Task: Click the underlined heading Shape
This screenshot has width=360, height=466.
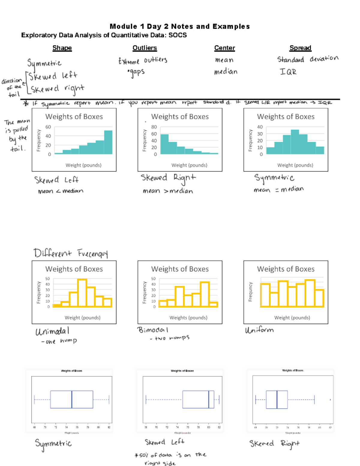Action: pos(62,48)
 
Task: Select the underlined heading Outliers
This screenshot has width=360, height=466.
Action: pos(145,48)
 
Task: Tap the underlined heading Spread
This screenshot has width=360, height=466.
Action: pos(300,48)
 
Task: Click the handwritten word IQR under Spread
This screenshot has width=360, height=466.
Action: pos(288,72)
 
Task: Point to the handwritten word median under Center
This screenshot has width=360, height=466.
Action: pos(226,72)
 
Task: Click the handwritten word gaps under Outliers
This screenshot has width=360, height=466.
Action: pos(136,72)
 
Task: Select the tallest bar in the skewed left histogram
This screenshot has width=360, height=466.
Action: pos(108,142)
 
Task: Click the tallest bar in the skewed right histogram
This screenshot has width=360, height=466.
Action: pos(164,144)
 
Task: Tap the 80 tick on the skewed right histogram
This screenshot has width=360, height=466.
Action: pos(154,127)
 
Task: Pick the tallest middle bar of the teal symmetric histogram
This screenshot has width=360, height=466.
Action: pos(295,142)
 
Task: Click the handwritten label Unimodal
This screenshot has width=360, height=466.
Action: pos(52,331)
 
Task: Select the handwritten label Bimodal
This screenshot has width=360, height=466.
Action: pos(153,330)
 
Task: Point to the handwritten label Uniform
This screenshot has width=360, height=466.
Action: pos(259,330)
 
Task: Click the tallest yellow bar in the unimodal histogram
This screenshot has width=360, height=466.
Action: pos(82,293)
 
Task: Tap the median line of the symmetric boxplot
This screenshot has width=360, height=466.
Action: pos(72,399)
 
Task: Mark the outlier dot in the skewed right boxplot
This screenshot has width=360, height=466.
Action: pos(330,400)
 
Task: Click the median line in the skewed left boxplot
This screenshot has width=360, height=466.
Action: pos(209,399)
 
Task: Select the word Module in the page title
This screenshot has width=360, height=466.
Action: pos(123,26)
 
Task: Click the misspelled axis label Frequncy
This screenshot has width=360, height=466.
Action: pos(250,292)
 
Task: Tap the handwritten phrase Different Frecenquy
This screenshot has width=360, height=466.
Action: pos(70,253)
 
